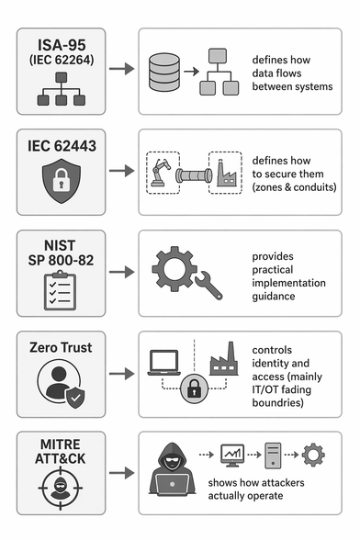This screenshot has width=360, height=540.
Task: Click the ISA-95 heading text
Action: tap(62, 45)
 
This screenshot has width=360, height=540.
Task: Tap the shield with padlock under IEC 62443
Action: tap(62, 180)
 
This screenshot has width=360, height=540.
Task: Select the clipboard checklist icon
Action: tap(61, 290)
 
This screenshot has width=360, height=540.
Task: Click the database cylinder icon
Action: tap(164, 72)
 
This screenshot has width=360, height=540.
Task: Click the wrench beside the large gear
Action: tap(208, 285)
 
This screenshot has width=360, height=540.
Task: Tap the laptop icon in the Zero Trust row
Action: tap(164, 363)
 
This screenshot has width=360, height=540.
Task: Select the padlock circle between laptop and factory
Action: tap(194, 388)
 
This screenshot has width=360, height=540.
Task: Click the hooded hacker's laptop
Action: tap(172, 484)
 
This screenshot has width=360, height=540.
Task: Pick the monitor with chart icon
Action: tap(232, 456)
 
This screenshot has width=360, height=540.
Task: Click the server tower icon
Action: tap(273, 456)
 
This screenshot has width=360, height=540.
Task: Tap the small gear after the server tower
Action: tap(313, 455)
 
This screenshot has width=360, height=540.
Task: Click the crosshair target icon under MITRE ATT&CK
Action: tap(61, 488)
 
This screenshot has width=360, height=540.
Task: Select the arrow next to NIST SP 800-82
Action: tap(121, 272)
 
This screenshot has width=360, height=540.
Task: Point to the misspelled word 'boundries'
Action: tap(277, 402)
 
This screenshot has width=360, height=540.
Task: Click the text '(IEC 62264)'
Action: tap(62, 60)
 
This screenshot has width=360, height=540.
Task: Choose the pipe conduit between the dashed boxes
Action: tap(194, 175)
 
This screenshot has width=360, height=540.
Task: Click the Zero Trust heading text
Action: tap(61, 347)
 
